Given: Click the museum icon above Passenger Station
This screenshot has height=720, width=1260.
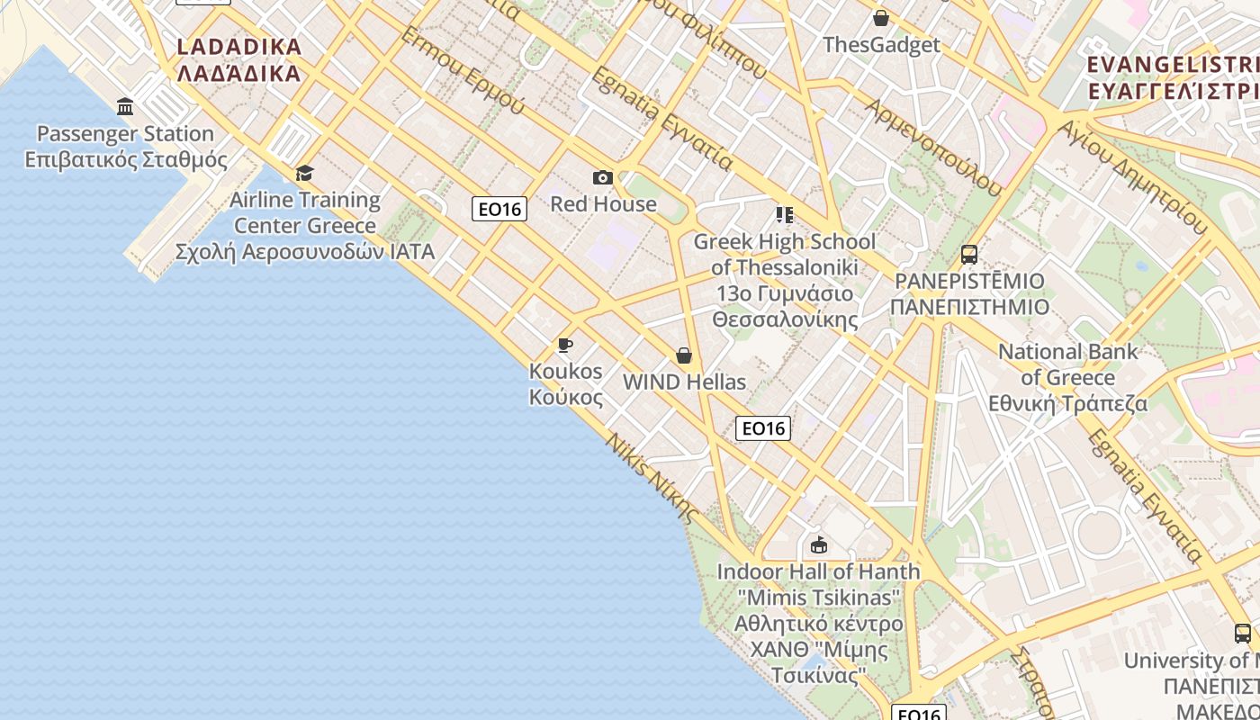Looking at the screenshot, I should [x=125, y=107].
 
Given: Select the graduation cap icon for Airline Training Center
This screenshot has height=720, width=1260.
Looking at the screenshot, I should [x=305, y=173].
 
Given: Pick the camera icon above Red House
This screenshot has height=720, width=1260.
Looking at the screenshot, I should [x=603, y=177].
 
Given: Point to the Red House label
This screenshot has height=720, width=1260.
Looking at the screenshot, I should [x=603, y=203].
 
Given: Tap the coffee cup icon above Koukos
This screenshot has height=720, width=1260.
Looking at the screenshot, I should [x=565, y=345].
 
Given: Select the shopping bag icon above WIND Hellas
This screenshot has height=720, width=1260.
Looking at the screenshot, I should [x=684, y=355].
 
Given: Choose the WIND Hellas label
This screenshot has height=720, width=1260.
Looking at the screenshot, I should [x=684, y=382].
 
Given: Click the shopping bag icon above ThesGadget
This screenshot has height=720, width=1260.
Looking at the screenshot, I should [x=881, y=18].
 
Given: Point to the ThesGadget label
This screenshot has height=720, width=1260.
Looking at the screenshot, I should [x=881, y=45].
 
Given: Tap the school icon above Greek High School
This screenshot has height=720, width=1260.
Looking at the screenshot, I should [x=784, y=214].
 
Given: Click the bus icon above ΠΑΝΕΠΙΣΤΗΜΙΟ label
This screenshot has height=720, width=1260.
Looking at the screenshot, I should [x=969, y=255].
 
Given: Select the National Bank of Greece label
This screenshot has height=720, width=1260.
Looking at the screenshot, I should [x=1067, y=377].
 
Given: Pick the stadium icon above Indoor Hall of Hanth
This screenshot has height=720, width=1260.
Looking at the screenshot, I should [x=819, y=544].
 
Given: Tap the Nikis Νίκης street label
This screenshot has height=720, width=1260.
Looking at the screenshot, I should [x=652, y=479].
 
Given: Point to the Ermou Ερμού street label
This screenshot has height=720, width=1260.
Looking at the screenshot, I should [x=462, y=70].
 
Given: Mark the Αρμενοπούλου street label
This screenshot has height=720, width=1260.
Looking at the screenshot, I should [x=933, y=147].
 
